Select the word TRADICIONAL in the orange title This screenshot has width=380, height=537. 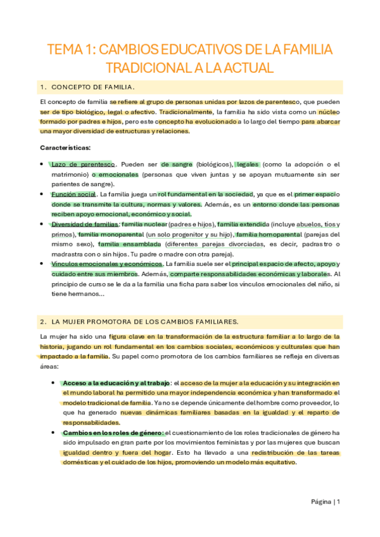pos(146,68)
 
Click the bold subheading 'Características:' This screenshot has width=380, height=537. pos(65,148)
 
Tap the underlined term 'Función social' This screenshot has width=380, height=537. pos(74,194)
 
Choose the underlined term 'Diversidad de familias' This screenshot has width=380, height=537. pos(85,224)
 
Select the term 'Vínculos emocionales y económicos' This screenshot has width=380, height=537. pos(107,264)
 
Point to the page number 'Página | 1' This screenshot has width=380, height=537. pos(326,502)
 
